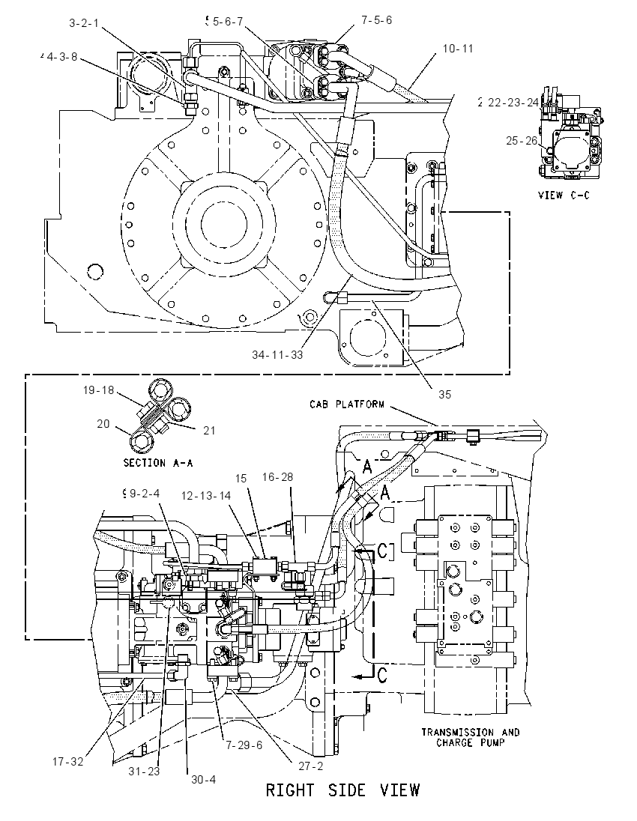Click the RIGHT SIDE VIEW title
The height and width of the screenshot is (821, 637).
(343, 790)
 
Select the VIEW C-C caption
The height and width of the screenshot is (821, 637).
(564, 196)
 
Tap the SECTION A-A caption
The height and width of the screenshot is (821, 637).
(158, 463)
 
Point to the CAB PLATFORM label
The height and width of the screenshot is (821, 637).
(347, 405)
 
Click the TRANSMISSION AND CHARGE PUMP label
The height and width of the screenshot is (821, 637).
(471, 737)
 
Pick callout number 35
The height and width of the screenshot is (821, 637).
(444, 394)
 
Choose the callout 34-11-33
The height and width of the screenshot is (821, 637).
(277, 355)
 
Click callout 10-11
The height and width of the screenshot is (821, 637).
(458, 49)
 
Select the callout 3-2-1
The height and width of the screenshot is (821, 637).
(84, 23)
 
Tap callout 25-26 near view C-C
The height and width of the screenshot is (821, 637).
(522, 140)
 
